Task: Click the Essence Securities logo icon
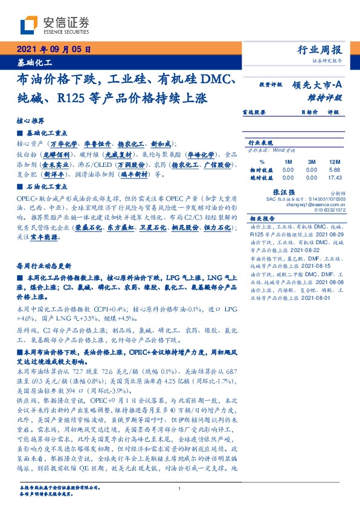point(29,24)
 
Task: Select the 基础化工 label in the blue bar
point(34,62)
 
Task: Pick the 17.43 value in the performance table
point(333,177)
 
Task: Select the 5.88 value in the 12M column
point(333,170)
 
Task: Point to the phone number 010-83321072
point(329,209)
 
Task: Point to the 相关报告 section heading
point(262,218)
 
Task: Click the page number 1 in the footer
point(180,488)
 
